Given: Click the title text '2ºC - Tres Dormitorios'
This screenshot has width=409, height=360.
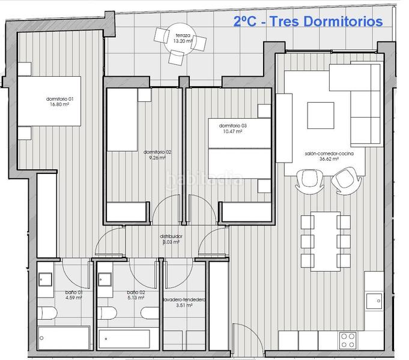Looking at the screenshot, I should tap(308, 22).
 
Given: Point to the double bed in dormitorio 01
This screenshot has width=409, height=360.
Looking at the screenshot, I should tap(47, 101).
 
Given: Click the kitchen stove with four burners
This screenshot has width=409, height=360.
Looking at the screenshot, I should tap(348, 340).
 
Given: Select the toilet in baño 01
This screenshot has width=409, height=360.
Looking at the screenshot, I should tap(46, 312).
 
